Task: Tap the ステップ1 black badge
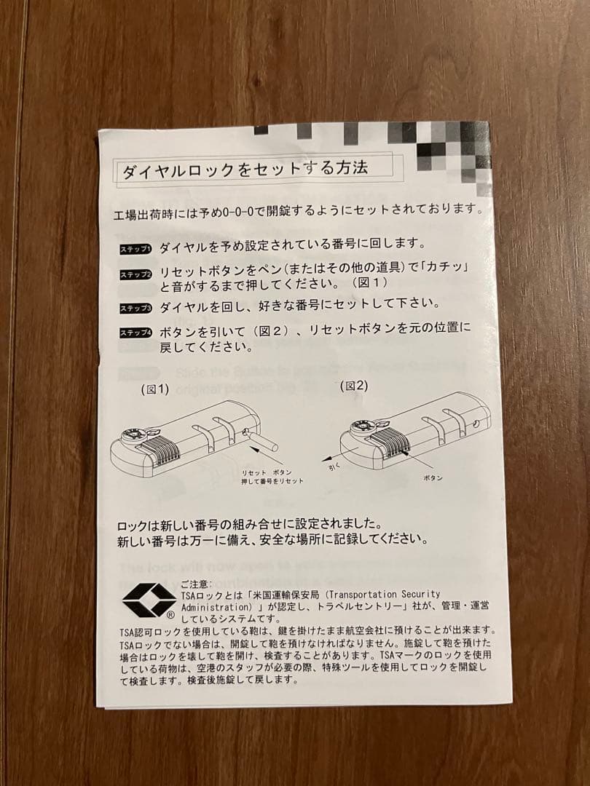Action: (x=135, y=250)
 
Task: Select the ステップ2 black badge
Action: (x=135, y=275)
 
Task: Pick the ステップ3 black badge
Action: (x=135, y=309)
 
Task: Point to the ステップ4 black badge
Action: (x=135, y=333)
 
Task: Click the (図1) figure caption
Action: (x=155, y=389)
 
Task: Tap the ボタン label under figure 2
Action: (x=433, y=477)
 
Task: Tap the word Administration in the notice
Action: (x=215, y=606)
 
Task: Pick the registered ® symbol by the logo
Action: (x=170, y=615)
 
